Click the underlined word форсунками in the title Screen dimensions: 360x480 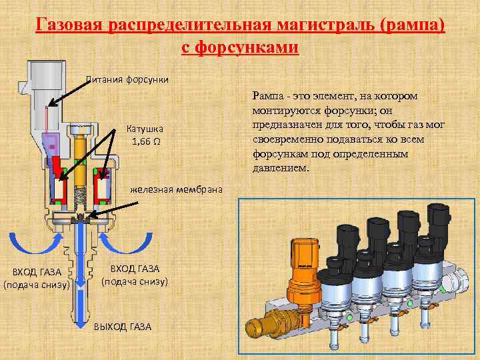[253, 47]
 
